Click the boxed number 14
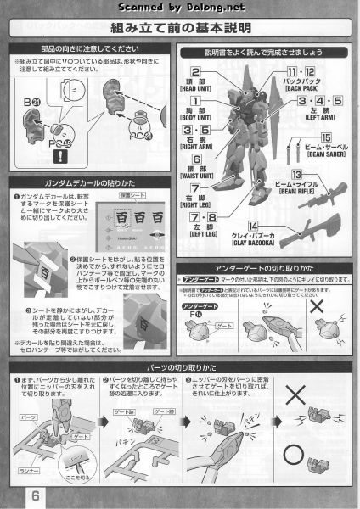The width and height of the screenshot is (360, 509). pos(276,223)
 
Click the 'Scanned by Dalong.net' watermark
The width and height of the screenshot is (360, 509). pos(179,8)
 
